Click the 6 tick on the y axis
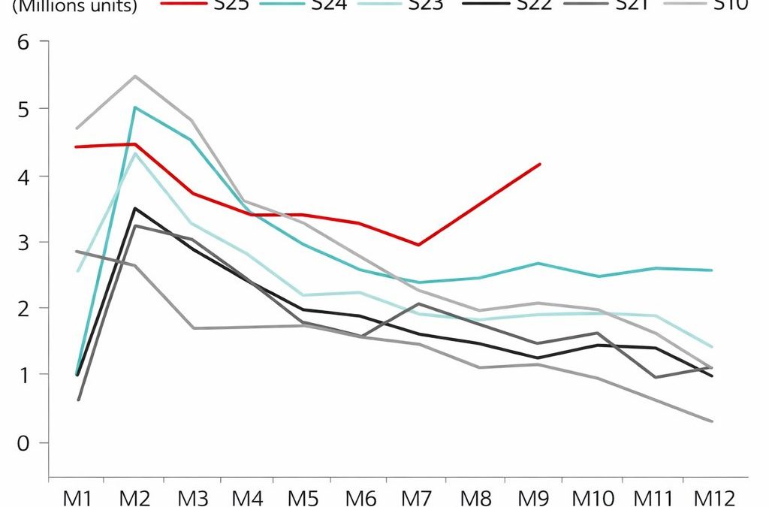coord(23,41)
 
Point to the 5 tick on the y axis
coord(23,108)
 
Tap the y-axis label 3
coord(23,242)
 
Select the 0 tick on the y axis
coord(23,442)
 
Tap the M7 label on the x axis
coord(418,497)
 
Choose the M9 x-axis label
coord(533,497)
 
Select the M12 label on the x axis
coord(711,497)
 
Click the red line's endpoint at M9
coord(540,164)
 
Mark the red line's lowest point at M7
coord(418,245)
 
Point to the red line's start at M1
coord(76,146)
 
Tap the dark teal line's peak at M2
coord(134,107)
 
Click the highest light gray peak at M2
coord(134,76)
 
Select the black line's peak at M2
coord(134,208)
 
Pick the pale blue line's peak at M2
coord(134,153)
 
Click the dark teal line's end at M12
coord(712,270)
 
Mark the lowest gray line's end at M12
coord(712,421)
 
